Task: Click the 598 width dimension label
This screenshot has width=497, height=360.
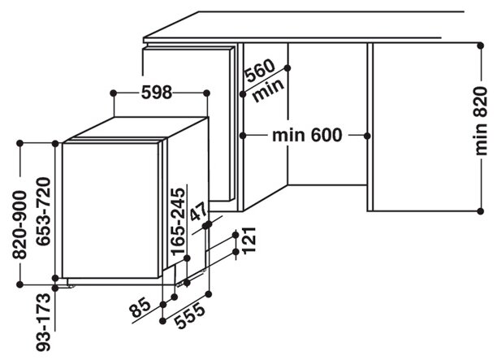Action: [x=155, y=93]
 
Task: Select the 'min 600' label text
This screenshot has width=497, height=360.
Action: [x=307, y=134]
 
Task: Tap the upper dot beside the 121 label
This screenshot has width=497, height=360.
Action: [x=236, y=234]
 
